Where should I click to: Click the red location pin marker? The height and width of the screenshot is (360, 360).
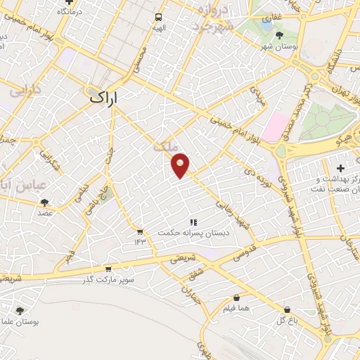click(181, 165)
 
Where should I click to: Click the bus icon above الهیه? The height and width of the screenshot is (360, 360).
click(160, 18)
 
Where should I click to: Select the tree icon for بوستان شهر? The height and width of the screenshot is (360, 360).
click(279, 34)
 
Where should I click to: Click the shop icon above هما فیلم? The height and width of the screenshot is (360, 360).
click(236, 297)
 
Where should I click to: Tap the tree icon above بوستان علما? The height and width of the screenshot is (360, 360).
click(20, 310)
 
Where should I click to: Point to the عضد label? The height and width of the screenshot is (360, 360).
click(44, 212)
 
